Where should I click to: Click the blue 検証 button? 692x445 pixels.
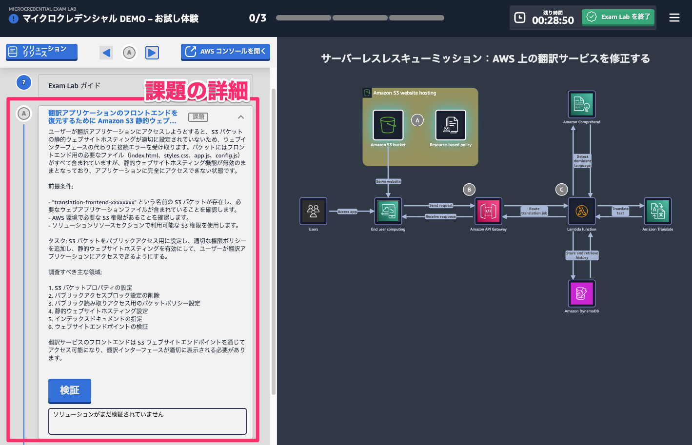tap(70, 390)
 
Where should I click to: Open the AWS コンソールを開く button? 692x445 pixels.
tap(225, 52)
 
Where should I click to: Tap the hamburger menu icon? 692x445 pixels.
tap(674, 18)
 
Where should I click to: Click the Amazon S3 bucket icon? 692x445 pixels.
tap(388, 125)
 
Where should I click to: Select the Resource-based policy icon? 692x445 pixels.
tap(451, 125)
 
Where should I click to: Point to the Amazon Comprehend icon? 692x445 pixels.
tap(582, 104)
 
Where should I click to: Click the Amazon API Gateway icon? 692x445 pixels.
tap(488, 211)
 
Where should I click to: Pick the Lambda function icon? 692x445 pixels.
tap(582, 211)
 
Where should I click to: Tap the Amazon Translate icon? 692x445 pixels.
tap(658, 211)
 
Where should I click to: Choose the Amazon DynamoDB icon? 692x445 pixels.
tap(582, 293)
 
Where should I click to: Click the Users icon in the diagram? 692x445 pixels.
tap(313, 211)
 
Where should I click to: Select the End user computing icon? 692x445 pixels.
tap(388, 211)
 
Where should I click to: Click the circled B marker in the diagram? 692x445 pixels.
tap(469, 190)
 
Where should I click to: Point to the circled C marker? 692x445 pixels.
tap(562, 190)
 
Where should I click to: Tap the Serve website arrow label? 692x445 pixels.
tap(388, 181)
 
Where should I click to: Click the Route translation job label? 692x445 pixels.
tap(534, 211)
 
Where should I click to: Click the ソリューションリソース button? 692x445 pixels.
tap(42, 52)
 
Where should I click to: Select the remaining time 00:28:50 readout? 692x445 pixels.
tap(553, 20)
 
